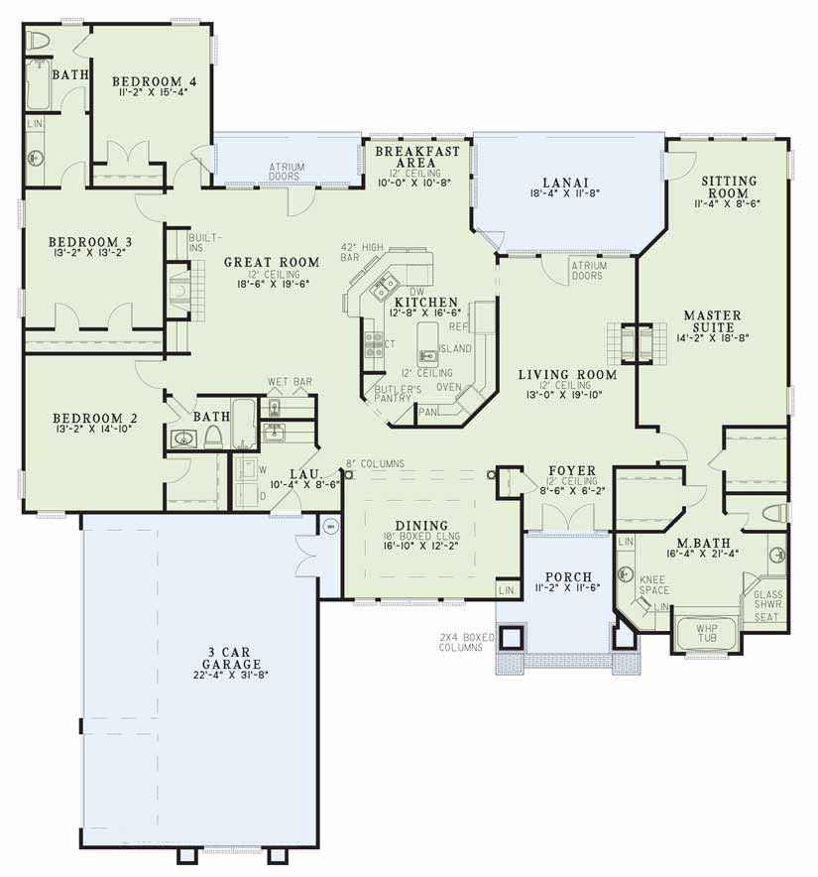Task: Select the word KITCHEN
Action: tap(426, 302)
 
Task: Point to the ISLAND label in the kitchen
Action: tap(456, 348)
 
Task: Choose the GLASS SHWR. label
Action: tap(768, 599)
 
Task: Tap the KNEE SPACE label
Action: tap(652, 584)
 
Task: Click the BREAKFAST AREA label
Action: tap(416, 156)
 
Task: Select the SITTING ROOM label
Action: tap(729, 187)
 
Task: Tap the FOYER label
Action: tap(572, 471)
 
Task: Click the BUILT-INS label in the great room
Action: tap(210, 242)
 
